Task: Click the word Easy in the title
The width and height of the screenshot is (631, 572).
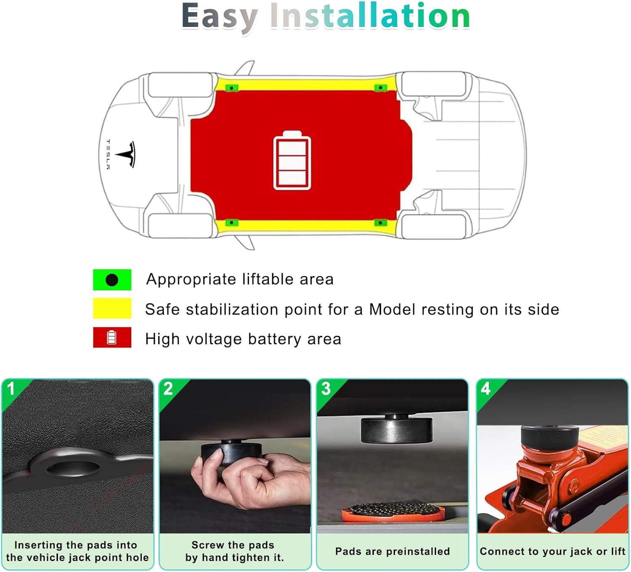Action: pyautogui.click(x=220, y=17)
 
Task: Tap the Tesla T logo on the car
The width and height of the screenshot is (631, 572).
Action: pyautogui.click(x=126, y=154)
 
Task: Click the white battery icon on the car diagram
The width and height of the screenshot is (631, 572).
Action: pyautogui.click(x=292, y=160)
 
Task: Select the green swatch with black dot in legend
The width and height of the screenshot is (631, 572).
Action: pyautogui.click(x=112, y=279)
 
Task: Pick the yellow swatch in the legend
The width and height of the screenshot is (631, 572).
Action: pyautogui.click(x=112, y=308)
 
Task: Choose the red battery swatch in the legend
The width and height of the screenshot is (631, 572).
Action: pyautogui.click(x=112, y=337)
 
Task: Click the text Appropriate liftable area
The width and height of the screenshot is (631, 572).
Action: pyautogui.click(x=240, y=279)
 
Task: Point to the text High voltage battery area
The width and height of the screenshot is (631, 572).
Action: pyautogui.click(x=243, y=339)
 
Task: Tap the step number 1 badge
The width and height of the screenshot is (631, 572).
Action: pyautogui.click(x=11, y=389)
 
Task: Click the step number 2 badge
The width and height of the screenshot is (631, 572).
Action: pyautogui.click(x=168, y=389)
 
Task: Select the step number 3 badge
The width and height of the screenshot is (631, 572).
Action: pyautogui.click(x=326, y=389)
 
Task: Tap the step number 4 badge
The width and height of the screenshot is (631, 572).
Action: pyautogui.click(x=486, y=389)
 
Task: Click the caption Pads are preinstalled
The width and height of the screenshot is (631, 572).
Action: pyautogui.click(x=392, y=551)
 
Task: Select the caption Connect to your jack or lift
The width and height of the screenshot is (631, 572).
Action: pyautogui.click(x=552, y=551)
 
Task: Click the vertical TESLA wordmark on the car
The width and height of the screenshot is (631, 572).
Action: pyautogui.click(x=108, y=154)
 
